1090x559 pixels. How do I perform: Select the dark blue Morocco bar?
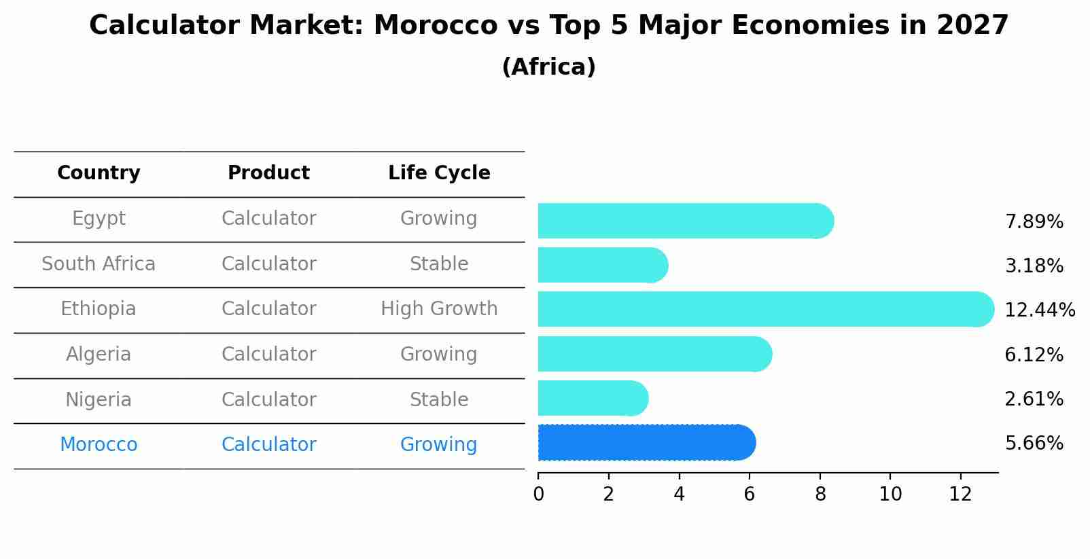[x=646, y=443]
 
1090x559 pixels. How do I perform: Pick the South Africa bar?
[x=602, y=265]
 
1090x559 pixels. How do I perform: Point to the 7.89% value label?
[x=1034, y=222]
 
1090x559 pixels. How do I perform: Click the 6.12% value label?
[x=1034, y=355]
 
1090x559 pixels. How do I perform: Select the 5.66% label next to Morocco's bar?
[x=1034, y=444]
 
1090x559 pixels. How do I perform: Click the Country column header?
[x=99, y=173]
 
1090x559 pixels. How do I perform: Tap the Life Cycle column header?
[x=439, y=173]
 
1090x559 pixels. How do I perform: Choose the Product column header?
[x=268, y=173]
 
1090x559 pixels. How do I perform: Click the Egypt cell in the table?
[x=99, y=219]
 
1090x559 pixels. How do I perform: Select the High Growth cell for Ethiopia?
[x=439, y=309]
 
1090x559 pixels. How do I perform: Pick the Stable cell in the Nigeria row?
[x=439, y=399]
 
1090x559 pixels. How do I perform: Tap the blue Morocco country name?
[x=99, y=445]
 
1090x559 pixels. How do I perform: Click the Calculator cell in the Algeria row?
[x=268, y=355]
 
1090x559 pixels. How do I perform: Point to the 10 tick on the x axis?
[x=890, y=494]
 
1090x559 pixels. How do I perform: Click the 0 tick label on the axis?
[x=538, y=494]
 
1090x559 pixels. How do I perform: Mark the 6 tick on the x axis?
[x=750, y=494]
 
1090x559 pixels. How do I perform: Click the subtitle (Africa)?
[x=548, y=67]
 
